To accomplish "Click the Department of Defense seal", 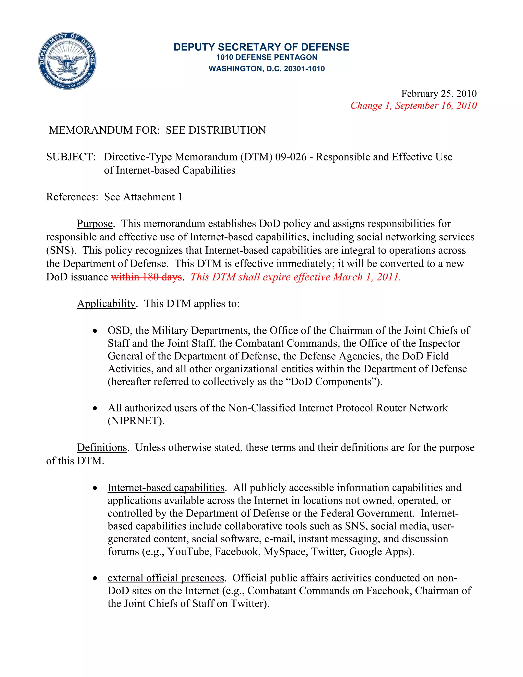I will coord(67,61).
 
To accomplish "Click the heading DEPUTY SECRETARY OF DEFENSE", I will coord(261,47).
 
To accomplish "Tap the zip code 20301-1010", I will coord(304,69).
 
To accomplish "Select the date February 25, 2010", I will coord(439,94).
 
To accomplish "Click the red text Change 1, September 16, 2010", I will coord(413,106).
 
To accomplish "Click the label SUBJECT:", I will coord(71,157).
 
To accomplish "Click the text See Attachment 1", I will coord(143,197).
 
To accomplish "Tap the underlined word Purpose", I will coord(95,224).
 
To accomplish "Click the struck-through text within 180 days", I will coord(146,277).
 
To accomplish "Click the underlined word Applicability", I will coord(106,304).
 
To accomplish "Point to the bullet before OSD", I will coord(95,331).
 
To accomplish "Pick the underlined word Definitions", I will coord(102,448).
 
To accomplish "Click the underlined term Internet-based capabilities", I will coord(166,488).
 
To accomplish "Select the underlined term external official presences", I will coord(166,578).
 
